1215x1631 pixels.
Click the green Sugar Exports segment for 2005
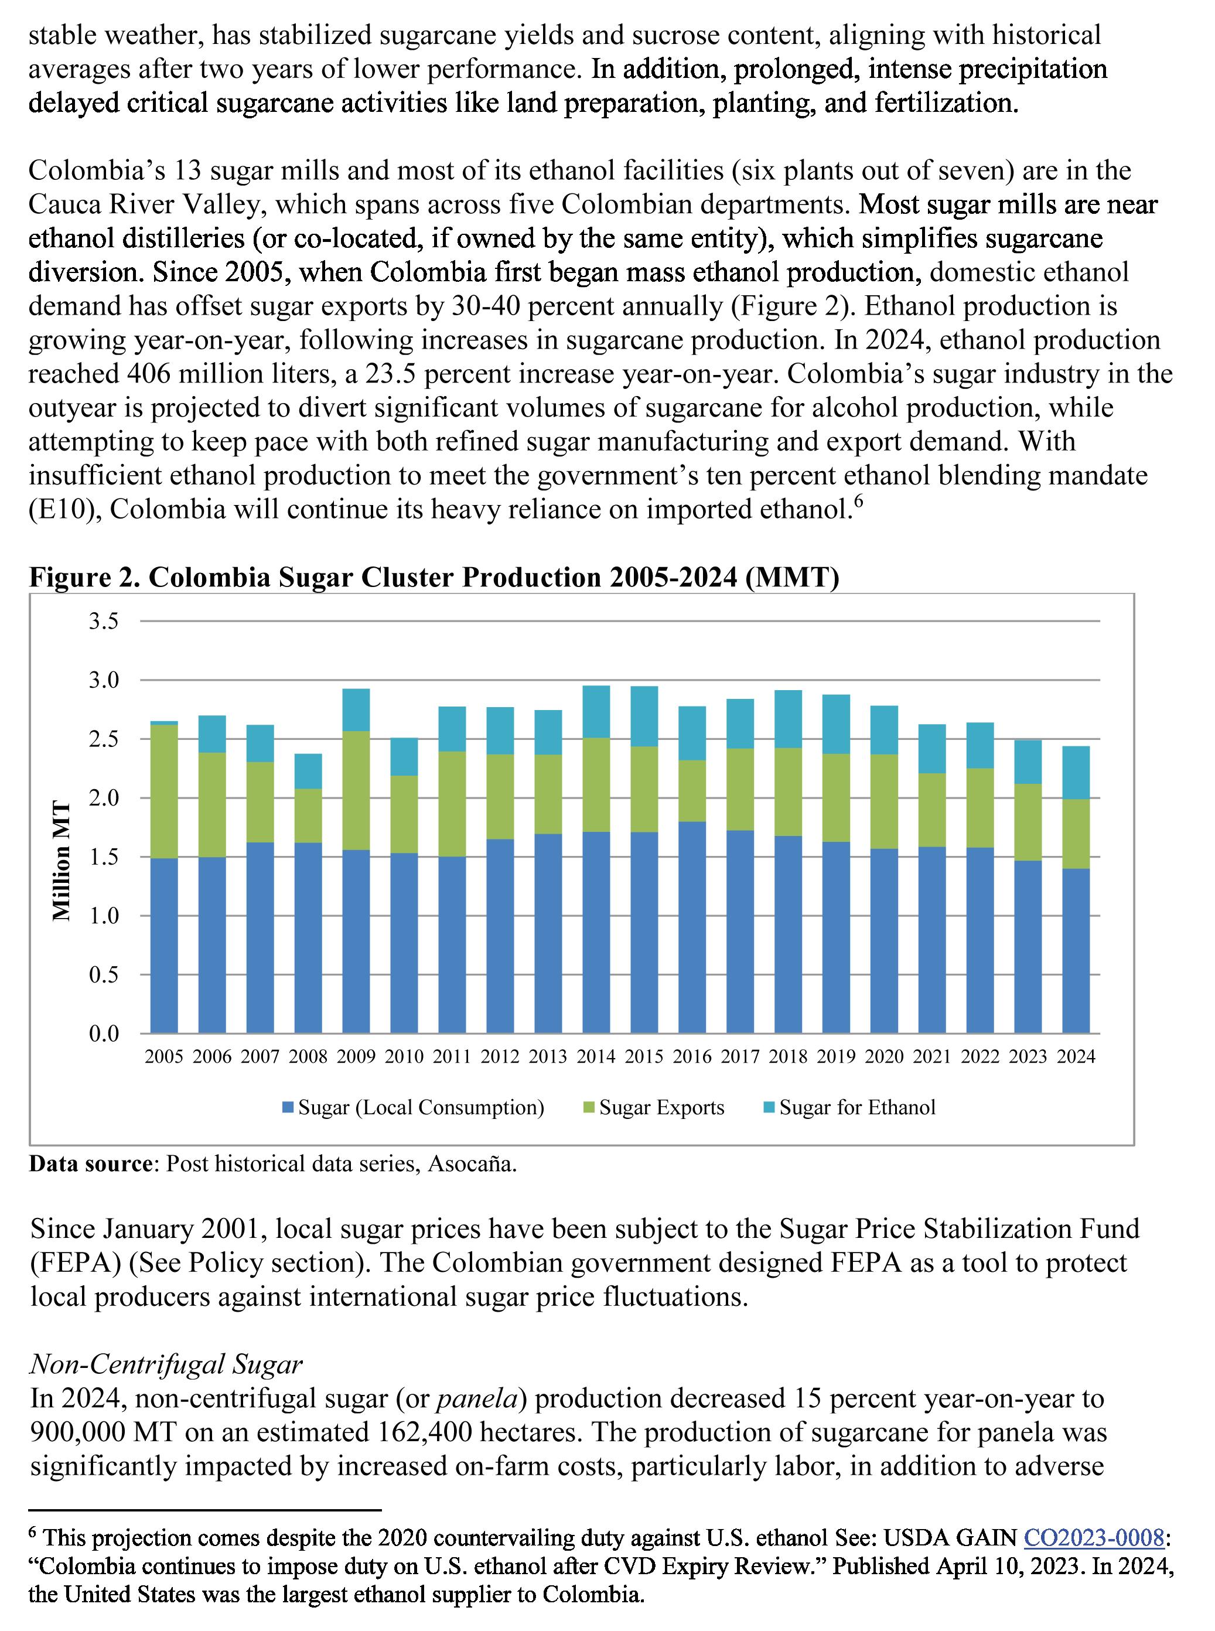(x=164, y=791)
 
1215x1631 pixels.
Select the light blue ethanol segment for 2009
(x=356, y=709)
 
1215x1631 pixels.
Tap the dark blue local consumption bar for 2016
(x=692, y=927)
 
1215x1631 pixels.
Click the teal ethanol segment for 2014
(x=596, y=712)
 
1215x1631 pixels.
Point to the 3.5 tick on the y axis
(x=104, y=622)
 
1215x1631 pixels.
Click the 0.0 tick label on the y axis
(x=104, y=1034)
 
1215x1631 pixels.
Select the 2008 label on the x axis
(x=308, y=1057)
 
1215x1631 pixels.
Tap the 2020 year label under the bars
(x=884, y=1057)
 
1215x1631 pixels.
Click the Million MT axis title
(x=62, y=861)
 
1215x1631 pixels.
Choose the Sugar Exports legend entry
(x=660, y=1107)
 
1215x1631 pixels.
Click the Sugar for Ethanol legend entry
(x=856, y=1107)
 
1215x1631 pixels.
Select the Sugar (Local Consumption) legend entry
(x=420, y=1107)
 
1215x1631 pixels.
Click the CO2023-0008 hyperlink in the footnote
(x=1094, y=1538)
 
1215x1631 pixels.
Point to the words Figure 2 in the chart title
(x=83, y=577)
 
